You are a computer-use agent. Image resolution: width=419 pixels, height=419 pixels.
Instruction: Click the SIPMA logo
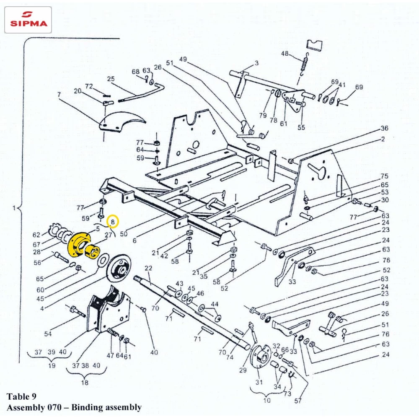(28, 20)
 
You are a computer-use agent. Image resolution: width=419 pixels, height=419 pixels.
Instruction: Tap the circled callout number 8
(113, 220)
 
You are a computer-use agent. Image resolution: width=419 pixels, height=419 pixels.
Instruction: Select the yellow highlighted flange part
(82, 246)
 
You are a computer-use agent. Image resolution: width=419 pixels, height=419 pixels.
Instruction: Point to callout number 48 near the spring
(285, 54)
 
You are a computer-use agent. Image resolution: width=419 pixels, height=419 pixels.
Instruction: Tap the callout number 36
(384, 128)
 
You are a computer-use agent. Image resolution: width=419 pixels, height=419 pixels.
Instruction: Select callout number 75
(384, 176)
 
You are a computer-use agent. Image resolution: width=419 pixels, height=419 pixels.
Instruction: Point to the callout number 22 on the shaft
(148, 268)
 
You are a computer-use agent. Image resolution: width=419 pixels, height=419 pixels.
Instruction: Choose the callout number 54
(48, 334)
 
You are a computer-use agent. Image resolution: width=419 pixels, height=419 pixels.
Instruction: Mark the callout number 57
(298, 401)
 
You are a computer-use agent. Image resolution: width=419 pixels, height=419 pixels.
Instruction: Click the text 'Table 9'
(21, 396)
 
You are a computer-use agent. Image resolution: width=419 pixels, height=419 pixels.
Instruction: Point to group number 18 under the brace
(84, 383)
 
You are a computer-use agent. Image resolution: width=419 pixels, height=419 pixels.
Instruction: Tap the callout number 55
(301, 127)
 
